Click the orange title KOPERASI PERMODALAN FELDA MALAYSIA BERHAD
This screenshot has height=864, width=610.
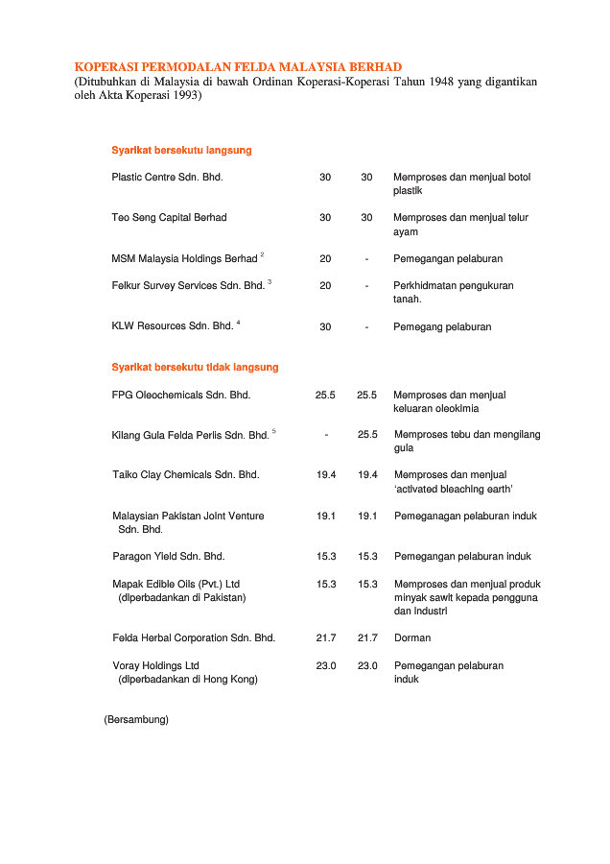(231, 66)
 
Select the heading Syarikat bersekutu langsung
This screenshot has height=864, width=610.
(181, 151)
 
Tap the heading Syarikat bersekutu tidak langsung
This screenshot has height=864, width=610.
(195, 368)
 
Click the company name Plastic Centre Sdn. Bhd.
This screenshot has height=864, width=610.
(167, 178)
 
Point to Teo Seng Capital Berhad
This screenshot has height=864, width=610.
(169, 218)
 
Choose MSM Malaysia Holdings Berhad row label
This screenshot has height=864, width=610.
(184, 259)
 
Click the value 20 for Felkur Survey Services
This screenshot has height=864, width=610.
(325, 286)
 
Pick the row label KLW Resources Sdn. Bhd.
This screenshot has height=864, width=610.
(172, 326)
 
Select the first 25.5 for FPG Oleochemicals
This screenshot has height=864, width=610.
(325, 395)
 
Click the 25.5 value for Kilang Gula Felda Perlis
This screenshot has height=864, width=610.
(366, 435)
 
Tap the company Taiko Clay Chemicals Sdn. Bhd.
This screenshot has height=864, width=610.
(185, 475)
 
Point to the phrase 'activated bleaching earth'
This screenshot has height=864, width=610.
(454, 490)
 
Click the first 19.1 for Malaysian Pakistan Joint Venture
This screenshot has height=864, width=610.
(325, 516)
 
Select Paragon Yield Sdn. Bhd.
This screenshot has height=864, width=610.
(168, 557)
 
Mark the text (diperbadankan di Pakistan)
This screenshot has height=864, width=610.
(181, 597)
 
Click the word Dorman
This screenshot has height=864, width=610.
(412, 638)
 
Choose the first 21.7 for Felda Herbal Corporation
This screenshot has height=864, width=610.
(325, 638)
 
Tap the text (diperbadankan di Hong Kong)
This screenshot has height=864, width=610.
(187, 679)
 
